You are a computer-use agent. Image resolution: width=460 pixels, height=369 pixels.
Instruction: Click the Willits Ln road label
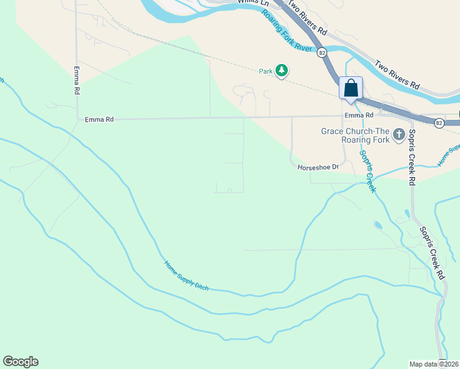pos(253,4)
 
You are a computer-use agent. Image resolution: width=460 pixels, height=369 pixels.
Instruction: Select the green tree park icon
pos(282,71)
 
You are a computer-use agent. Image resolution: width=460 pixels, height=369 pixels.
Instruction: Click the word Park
pos(265,71)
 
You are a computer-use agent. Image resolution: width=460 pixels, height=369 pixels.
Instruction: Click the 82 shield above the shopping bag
pos(322,53)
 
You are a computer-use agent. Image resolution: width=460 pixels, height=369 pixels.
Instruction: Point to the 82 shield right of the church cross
pos(438,123)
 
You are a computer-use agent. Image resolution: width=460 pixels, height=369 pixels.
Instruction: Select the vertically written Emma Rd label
pos(77,80)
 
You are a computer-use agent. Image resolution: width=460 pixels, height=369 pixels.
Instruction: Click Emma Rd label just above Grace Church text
pos(359,116)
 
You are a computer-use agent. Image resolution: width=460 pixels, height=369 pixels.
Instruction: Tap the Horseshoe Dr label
pos(319,167)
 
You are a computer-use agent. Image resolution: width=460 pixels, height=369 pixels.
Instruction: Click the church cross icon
pos(399,133)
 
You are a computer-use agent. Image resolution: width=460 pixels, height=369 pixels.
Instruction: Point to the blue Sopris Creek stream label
pos(367,172)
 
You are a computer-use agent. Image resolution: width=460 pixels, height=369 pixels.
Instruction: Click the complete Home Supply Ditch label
pos(186,276)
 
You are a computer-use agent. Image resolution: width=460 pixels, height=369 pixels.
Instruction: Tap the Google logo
pos(20,362)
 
